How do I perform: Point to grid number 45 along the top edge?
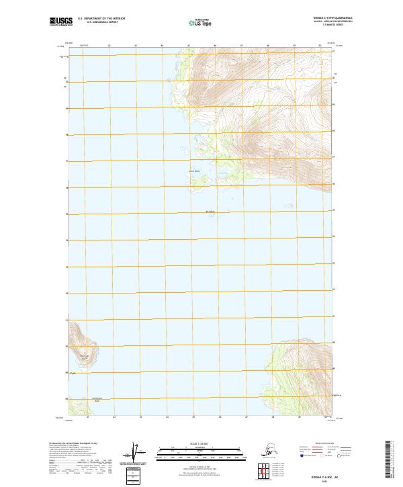(x=189, y=46)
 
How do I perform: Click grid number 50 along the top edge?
(x=320, y=46)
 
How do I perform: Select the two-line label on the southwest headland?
(x=84, y=357)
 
